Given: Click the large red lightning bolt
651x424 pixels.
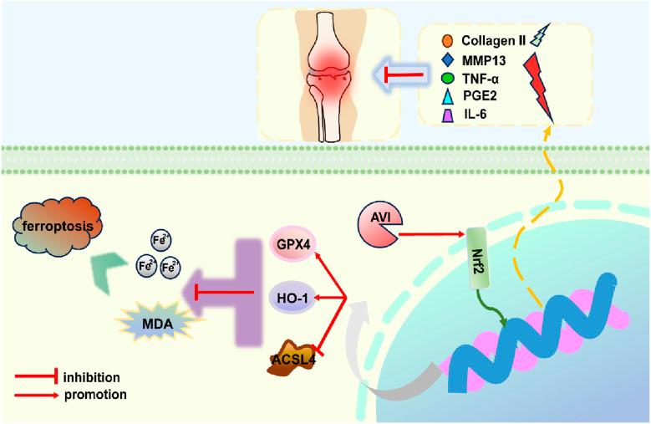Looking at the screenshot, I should (x=542, y=84).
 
